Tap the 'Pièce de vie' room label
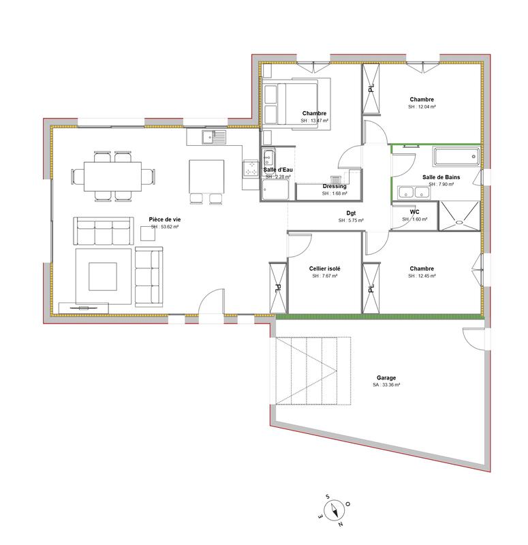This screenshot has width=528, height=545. (x=164, y=219)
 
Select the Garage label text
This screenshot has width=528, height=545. (x=386, y=377)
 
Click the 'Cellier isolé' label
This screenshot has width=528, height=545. (x=324, y=268)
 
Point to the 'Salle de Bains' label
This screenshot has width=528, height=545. (x=441, y=176)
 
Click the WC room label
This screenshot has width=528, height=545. (x=414, y=212)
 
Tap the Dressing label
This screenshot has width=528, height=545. (x=335, y=186)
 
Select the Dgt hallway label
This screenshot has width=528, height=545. (x=351, y=213)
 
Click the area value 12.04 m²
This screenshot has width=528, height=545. (x=422, y=107)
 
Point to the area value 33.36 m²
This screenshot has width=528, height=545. (x=386, y=385)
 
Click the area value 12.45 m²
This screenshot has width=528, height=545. (x=422, y=276)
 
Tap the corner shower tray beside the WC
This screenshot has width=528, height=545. (x=460, y=214)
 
